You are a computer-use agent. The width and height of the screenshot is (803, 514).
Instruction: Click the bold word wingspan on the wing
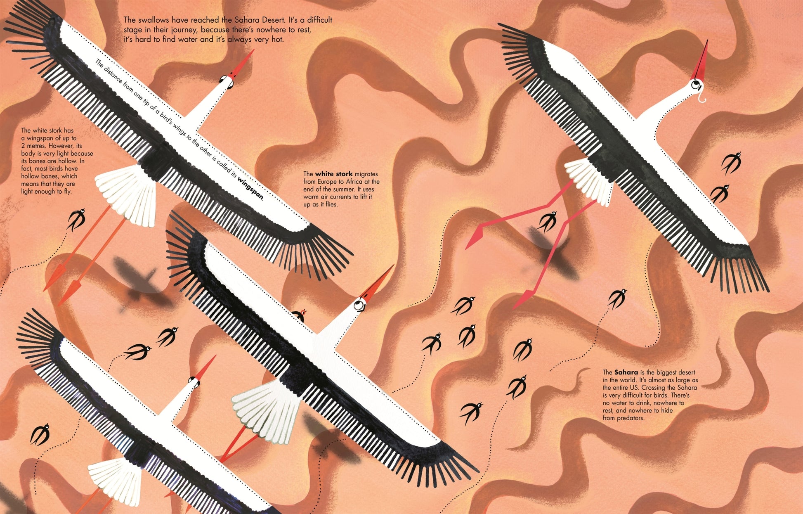click(x=250, y=188)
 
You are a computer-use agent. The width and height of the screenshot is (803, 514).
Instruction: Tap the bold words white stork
click(x=334, y=174)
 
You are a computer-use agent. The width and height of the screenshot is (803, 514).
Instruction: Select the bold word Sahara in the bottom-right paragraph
click(x=626, y=372)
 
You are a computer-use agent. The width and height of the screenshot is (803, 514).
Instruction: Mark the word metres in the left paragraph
click(x=38, y=146)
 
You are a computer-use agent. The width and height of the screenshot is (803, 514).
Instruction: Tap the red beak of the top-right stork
click(x=701, y=61)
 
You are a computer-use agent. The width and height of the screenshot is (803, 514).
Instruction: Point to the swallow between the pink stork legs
click(x=547, y=221)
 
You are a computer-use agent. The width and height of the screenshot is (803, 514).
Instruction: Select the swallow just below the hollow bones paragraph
click(x=76, y=220)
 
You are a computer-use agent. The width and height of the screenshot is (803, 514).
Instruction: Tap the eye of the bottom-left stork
click(x=194, y=381)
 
